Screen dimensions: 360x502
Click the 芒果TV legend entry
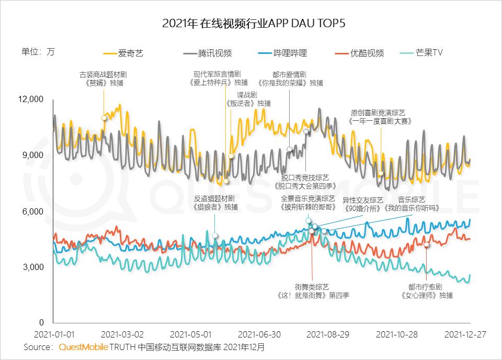[429, 53]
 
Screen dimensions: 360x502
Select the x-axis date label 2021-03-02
[122, 334]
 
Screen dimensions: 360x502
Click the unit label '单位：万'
[38, 52]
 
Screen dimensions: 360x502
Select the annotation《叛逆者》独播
[248, 103]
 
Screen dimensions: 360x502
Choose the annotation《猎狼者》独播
[215, 207]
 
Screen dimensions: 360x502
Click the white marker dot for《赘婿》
[104, 118]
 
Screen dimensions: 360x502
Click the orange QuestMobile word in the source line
[84, 347]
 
